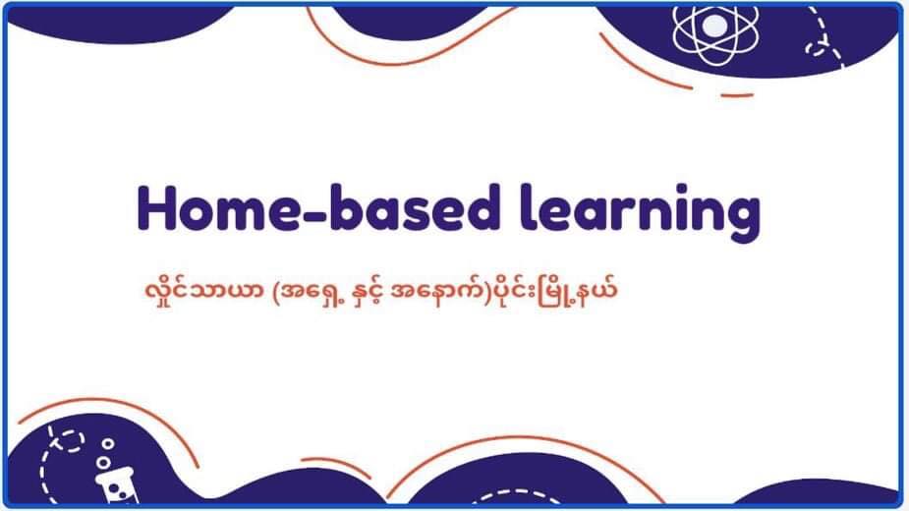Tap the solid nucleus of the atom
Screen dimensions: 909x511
tap(714, 26)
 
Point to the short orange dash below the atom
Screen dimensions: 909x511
tap(737, 94)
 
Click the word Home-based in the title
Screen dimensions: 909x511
tap(318, 207)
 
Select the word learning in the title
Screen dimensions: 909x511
tap(640, 212)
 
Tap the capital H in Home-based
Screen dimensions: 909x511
tap(156, 207)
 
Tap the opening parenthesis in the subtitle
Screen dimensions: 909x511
tap(276, 290)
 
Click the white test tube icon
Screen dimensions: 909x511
tap(118, 486)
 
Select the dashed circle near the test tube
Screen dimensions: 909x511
tap(71, 441)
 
